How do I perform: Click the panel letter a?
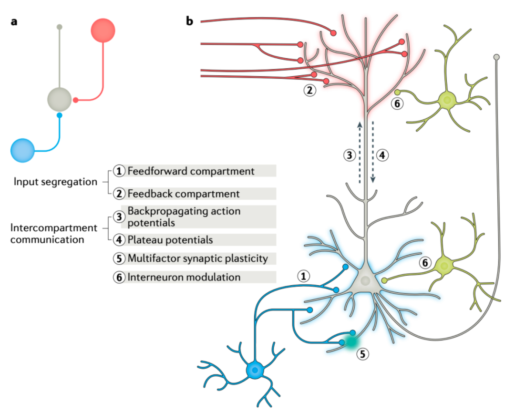click(x=14, y=22)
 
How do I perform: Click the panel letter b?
click(x=190, y=22)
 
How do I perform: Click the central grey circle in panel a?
click(x=59, y=99)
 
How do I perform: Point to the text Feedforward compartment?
click(x=191, y=171)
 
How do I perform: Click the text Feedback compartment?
click(x=183, y=194)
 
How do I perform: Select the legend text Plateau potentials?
click(x=170, y=239)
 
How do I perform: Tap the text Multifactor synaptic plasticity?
click(x=198, y=258)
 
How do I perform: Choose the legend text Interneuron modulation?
click(x=184, y=277)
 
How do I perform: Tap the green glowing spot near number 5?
click(x=350, y=341)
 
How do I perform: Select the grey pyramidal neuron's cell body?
click(x=365, y=281)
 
